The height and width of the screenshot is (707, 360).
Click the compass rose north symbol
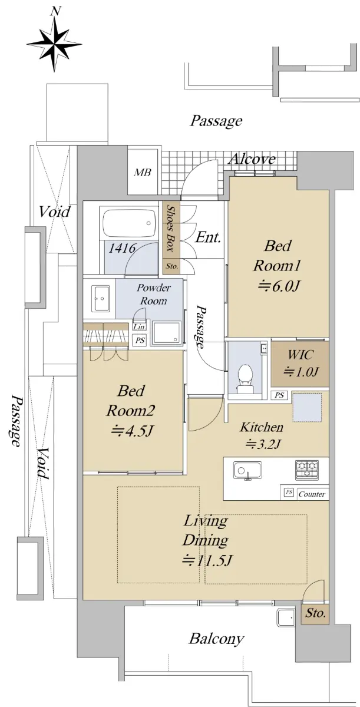[x=55, y=41]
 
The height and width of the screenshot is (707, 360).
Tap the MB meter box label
[x=143, y=172]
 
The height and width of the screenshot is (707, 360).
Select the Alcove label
[x=252, y=159]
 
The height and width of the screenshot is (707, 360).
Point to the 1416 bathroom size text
[x=122, y=249]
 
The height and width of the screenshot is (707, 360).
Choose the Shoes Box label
[x=171, y=228]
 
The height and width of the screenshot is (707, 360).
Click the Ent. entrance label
[x=207, y=237]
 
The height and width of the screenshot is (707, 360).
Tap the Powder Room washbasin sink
[x=101, y=298]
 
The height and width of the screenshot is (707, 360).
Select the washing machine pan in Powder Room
[x=166, y=332]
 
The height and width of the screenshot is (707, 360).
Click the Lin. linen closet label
[x=140, y=327]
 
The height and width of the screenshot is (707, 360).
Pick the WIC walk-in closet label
[x=300, y=355]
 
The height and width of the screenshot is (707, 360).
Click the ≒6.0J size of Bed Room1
[x=278, y=286]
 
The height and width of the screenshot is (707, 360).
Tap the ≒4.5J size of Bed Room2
[x=132, y=431]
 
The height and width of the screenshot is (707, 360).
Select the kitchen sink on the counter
[x=247, y=471]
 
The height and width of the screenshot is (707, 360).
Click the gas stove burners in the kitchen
[x=307, y=469]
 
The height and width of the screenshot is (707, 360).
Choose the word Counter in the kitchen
[x=312, y=494]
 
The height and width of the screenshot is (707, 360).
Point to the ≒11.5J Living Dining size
[x=207, y=560]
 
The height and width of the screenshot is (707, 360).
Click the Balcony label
[x=216, y=639]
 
